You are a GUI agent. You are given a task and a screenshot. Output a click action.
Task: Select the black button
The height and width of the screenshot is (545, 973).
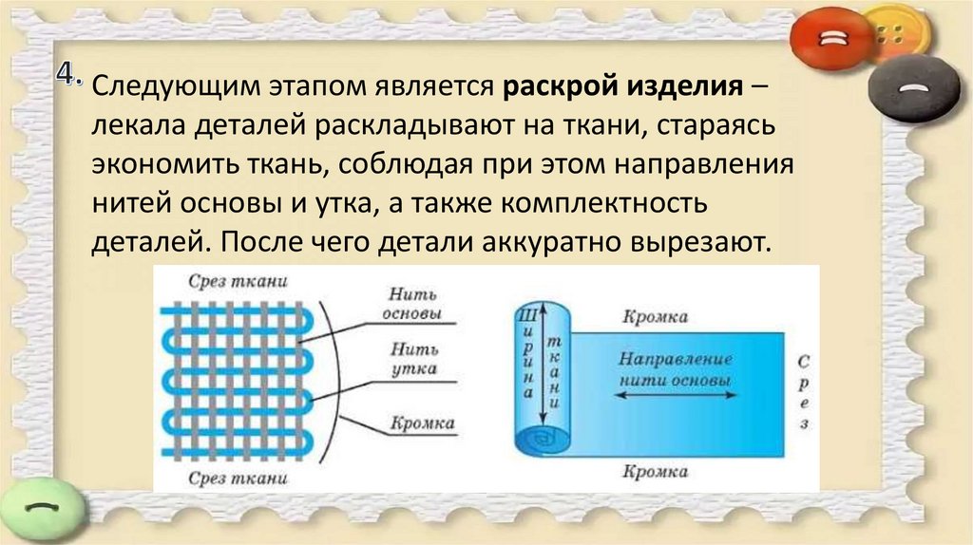click(914, 87)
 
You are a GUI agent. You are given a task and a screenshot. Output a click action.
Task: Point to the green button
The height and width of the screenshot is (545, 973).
click(41, 509)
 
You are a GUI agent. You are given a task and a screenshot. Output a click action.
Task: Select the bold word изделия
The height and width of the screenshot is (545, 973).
click(681, 88)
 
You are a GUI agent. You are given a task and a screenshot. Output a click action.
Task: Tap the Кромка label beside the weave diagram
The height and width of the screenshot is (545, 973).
click(422, 423)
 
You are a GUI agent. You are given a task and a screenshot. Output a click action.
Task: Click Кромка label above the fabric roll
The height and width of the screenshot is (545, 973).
click(655, 317)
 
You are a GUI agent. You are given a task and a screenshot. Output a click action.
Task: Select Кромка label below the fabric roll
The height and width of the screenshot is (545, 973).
click(655, 470)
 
